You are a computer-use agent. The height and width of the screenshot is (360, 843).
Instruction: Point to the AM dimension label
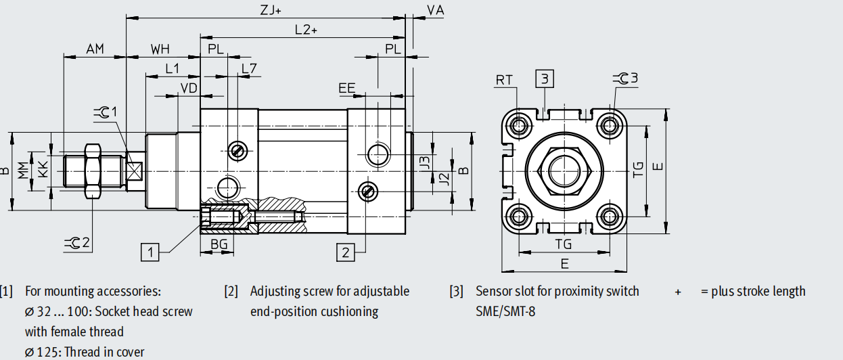[x=95, y=49]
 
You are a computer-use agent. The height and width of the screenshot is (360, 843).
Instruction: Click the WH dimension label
[x=160, y=49]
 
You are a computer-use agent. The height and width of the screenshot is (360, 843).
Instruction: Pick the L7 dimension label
[x=249, y=68]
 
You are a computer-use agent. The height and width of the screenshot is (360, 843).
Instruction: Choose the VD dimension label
[x=189, y=89]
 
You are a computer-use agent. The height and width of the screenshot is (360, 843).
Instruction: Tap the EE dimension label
[x=347, y=89]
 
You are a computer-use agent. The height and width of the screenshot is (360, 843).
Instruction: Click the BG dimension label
[x=218, y=244]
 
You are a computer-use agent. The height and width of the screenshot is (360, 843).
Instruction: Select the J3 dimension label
[x=425, y=162]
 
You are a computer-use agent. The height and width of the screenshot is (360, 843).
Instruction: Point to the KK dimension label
[x=43, y=168]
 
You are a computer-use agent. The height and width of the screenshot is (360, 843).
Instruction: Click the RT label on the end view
[x=504, y=80]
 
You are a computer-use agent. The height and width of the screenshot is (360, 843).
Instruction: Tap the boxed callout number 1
[x=150, y=252]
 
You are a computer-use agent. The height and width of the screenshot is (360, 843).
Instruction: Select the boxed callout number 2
[x=346, y=252]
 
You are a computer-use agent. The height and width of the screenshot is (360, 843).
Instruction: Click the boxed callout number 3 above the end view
[x=545, y=78]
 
